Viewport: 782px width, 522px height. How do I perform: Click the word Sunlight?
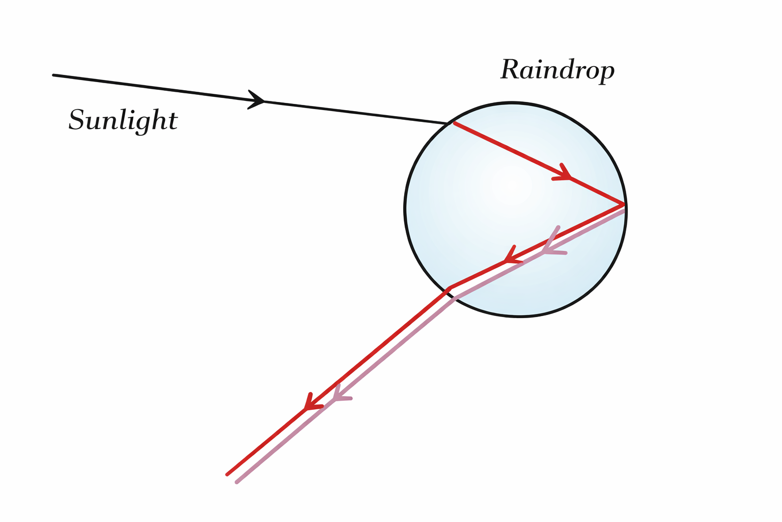[x=123, y=120]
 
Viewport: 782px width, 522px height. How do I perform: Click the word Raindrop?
[x=557, y=70]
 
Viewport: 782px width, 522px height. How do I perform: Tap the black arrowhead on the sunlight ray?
[x=257, y=100]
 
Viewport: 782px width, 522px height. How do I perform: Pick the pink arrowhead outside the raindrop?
[x=340, y=394]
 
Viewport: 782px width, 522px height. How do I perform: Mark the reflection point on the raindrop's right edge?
[x=624, y=204]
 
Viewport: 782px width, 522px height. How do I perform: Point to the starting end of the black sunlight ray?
[x=54, y=75]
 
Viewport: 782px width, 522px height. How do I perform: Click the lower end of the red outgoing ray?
[x=227, y=475]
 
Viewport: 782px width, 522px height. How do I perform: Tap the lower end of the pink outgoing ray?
[x=237, y=482]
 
